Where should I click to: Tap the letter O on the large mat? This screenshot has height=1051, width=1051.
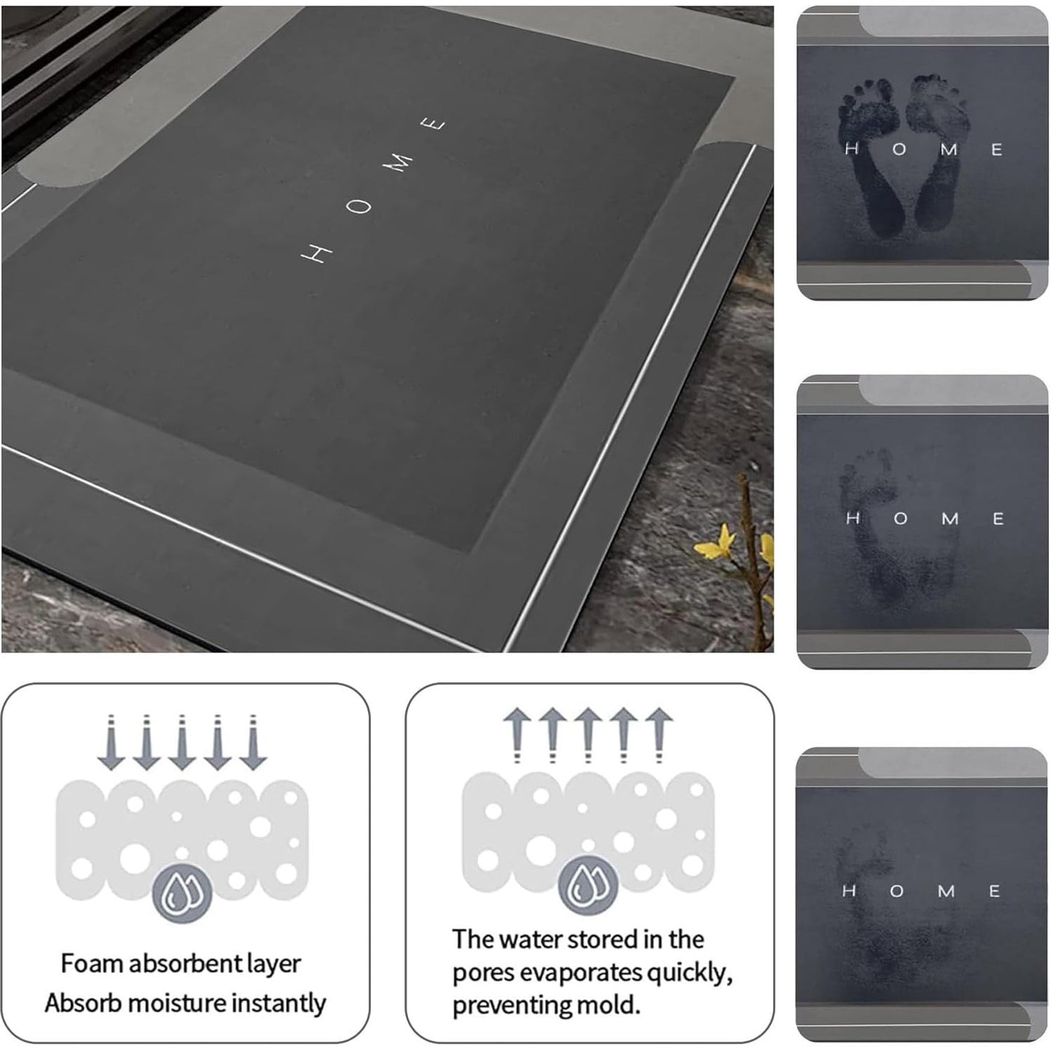pos(359,206)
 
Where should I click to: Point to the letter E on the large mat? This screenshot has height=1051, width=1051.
pos(433,125)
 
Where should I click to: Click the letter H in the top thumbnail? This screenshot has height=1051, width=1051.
pos(852,148)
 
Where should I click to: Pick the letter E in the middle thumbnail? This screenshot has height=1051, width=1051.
pos(998,518)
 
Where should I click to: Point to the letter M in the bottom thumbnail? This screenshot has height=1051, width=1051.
pos(946,891)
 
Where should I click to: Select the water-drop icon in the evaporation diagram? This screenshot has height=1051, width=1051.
pos(588,886)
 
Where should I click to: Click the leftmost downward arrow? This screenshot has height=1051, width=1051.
pos(112,742)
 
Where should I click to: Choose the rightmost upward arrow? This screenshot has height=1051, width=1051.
pos(659,735)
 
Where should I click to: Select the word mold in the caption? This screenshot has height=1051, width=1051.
pos(611,1004)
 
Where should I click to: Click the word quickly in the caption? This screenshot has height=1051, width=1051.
pos(690,974)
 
